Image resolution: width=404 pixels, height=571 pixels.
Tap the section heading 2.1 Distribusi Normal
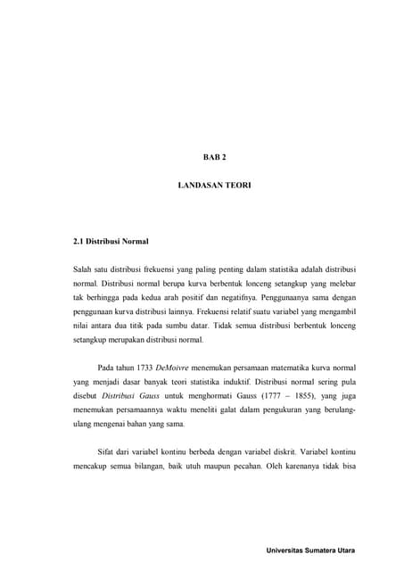[111, 242]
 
